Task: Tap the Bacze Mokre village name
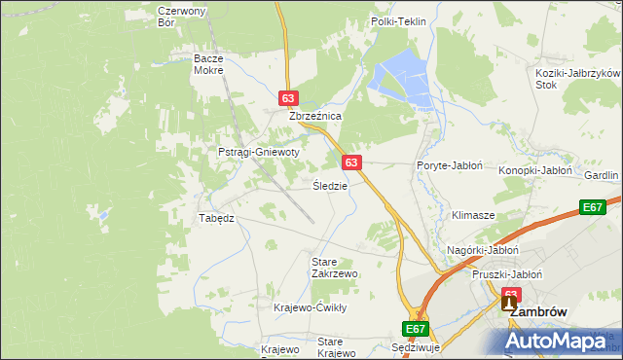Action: tap(208, 64)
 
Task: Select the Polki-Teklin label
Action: tap(399, 20)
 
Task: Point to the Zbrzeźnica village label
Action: tap(314, 116)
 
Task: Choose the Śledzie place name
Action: tap(330, 185)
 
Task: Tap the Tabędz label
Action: tap(217, 218)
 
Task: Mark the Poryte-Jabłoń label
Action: tap(450, 165)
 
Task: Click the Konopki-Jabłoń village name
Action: tap(534, 169)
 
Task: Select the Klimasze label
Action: tap(473, 214)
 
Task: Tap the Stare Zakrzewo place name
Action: tap(334, 268)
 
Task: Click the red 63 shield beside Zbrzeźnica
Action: tap(287, 98)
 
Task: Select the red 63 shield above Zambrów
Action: tap(511, 293)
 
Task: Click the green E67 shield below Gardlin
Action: tap(593, 207)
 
